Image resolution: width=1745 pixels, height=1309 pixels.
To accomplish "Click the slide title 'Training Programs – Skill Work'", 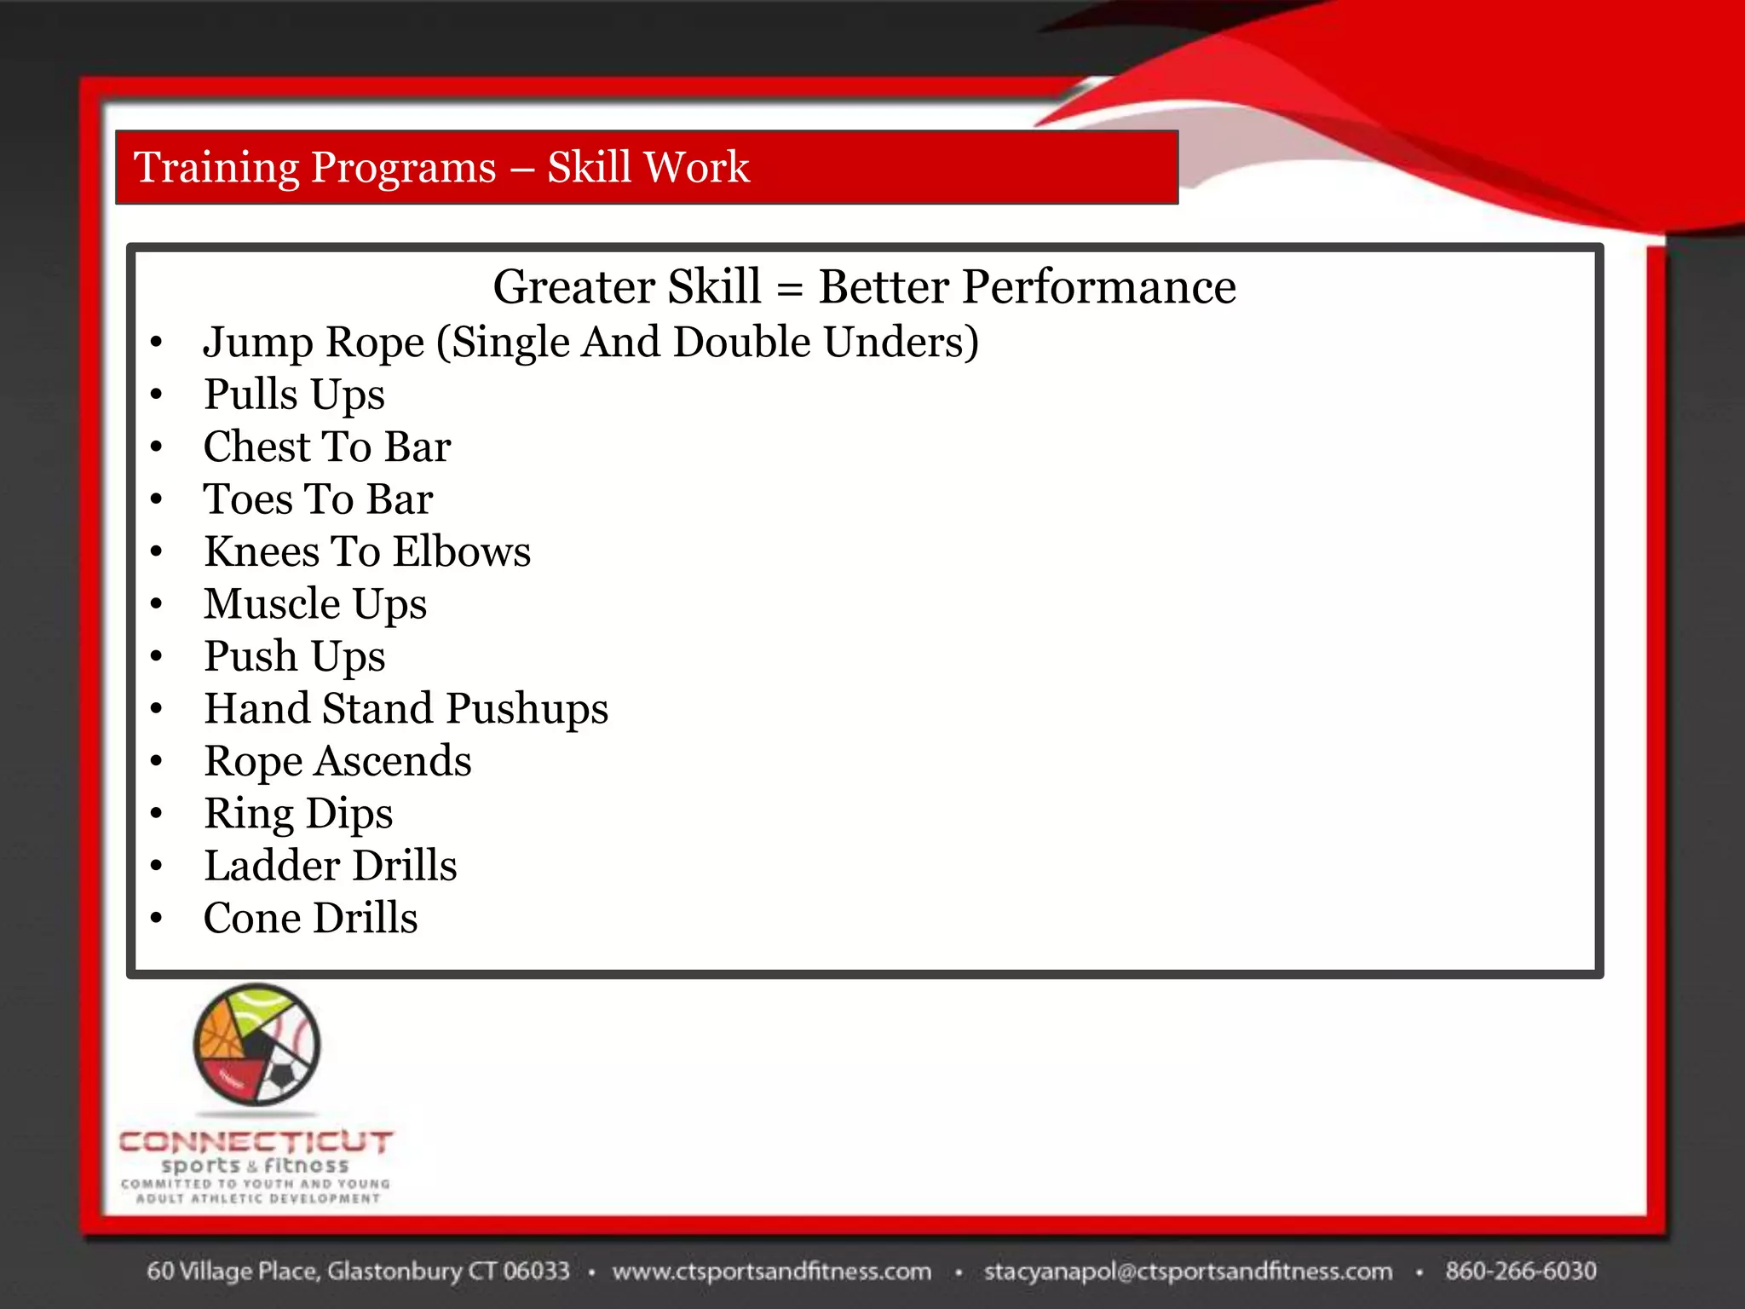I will [441, 167].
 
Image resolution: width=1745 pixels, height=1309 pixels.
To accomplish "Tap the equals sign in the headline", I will [790, 288].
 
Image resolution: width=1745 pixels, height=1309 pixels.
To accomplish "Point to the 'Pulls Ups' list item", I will [294, 395].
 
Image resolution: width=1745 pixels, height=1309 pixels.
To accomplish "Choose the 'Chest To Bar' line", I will [327, 447].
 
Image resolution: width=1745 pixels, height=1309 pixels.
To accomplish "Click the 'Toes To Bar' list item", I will [318, 499].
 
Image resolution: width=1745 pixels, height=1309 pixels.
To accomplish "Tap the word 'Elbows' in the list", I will [461, 551].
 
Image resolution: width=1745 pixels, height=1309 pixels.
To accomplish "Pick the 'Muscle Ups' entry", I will [315, 604].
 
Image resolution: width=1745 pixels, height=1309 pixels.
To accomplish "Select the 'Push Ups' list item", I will [295, 657].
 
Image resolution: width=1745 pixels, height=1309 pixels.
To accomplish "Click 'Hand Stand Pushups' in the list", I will [406, 709].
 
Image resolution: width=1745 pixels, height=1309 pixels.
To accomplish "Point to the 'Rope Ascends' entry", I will [337, 761].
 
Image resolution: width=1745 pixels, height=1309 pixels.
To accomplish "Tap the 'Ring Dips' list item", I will [298, 814].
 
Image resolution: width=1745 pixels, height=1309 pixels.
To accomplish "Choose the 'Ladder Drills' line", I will [331, 866].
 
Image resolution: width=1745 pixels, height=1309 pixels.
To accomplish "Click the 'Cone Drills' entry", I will [311, 919].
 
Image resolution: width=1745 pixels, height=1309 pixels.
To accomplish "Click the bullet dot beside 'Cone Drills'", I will [156, 919].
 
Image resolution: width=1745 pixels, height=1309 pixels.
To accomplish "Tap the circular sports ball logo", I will [256, 1045].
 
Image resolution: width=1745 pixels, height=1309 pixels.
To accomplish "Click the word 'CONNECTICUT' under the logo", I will [256, 1142].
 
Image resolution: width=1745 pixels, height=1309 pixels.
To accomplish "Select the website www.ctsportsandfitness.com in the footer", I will [771, 1272].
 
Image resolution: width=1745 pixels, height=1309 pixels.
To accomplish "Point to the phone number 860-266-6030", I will [1520, 1271].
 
